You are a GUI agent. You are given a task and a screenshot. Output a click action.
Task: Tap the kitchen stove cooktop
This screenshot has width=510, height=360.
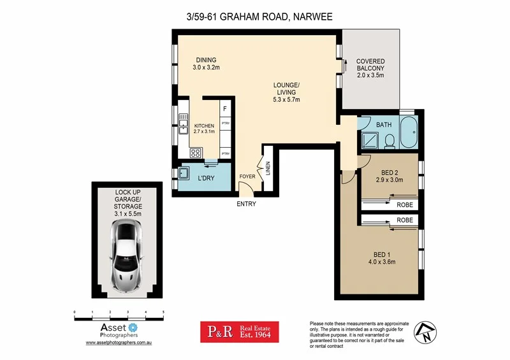195,152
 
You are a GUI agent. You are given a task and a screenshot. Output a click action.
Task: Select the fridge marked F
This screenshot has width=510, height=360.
224,108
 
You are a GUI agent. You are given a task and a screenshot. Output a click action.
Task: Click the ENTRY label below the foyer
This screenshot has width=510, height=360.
245,204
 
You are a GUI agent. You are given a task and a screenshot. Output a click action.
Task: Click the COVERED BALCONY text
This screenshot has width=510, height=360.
370,65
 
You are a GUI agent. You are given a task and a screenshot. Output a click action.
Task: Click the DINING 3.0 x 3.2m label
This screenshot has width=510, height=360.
206,62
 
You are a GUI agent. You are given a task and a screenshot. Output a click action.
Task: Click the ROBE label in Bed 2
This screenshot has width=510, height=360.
404,205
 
